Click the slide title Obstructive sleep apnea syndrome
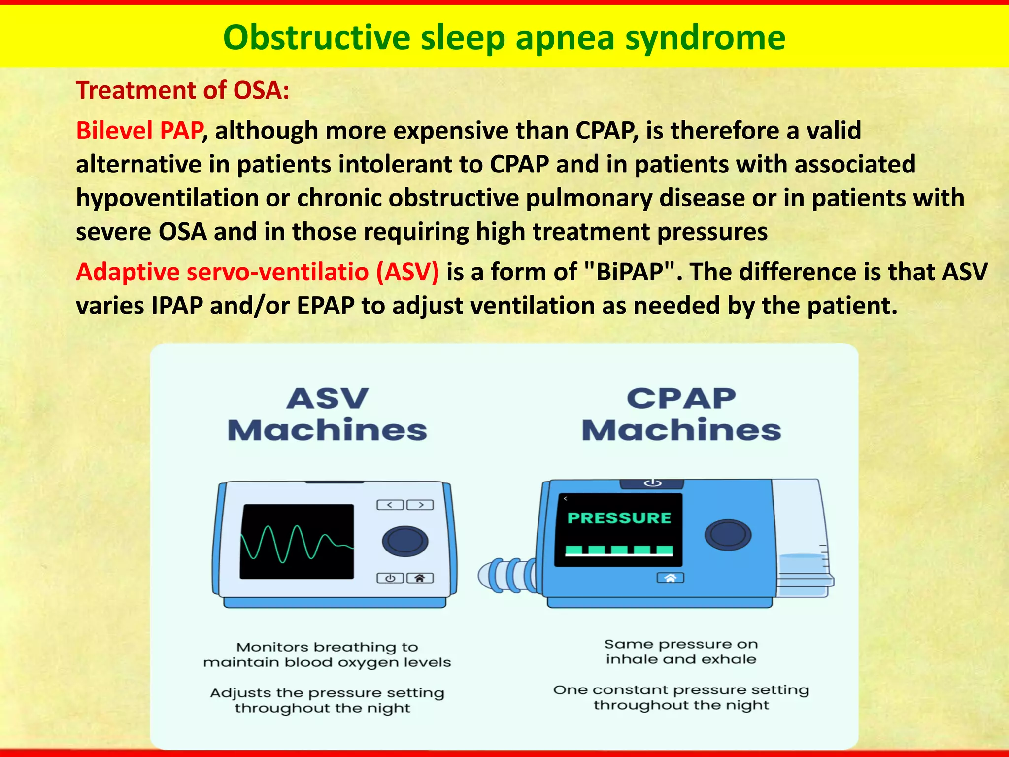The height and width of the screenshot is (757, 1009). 504,38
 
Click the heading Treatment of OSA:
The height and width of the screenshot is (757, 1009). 182,91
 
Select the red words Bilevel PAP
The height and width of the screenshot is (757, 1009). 139,131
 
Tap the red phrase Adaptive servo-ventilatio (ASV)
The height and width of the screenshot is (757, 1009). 257,272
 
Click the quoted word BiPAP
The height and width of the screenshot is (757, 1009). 629,272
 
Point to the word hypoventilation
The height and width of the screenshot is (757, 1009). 167,198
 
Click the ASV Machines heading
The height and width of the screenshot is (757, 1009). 327,414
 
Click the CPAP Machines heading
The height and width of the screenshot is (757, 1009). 681,414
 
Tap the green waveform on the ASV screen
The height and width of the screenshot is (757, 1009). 296,543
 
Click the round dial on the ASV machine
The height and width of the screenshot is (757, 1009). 405,541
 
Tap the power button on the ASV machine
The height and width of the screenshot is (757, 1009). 390,578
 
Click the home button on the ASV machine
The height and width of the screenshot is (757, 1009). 420,578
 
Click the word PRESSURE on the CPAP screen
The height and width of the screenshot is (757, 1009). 619,518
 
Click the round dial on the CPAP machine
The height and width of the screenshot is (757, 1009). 728,535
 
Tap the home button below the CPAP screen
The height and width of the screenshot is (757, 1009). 670,578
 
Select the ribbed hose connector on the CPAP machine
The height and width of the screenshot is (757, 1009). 507,575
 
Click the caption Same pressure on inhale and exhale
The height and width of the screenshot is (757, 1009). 681,652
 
